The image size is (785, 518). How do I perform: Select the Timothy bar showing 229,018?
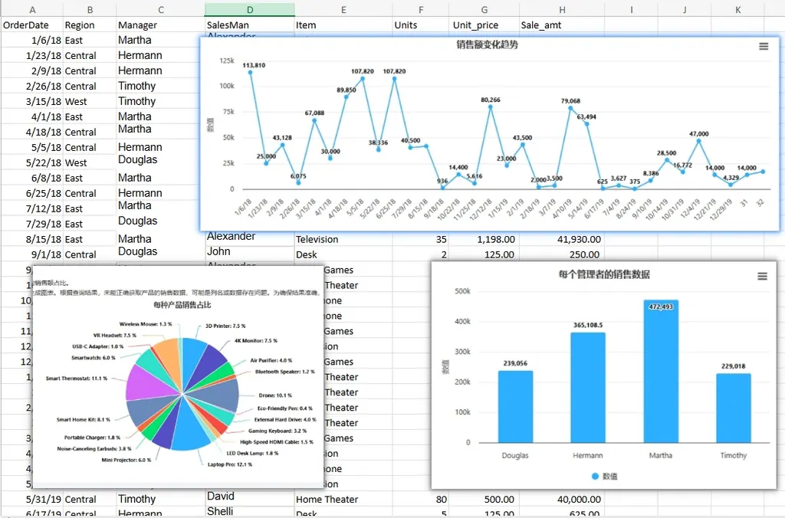pos(733,408)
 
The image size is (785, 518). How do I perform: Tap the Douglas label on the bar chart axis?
pos(515,455)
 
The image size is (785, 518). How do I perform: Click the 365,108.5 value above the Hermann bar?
pos(587,326)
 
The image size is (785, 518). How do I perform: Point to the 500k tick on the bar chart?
pos(462,291)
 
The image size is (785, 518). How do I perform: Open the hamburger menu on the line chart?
pos(763,47)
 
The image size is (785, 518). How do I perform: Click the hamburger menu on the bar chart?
pos(762,277)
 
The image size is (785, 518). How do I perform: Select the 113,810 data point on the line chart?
pos(250,73)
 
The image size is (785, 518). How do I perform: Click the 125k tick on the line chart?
pos(227,61)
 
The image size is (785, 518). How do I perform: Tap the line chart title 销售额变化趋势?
pos(487,45)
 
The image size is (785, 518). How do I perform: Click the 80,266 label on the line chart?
pos(491,100)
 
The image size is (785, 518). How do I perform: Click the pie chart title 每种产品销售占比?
pos(182,305)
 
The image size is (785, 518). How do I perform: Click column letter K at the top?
pos(737,10)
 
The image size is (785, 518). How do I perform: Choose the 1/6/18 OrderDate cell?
pos(31,40)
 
